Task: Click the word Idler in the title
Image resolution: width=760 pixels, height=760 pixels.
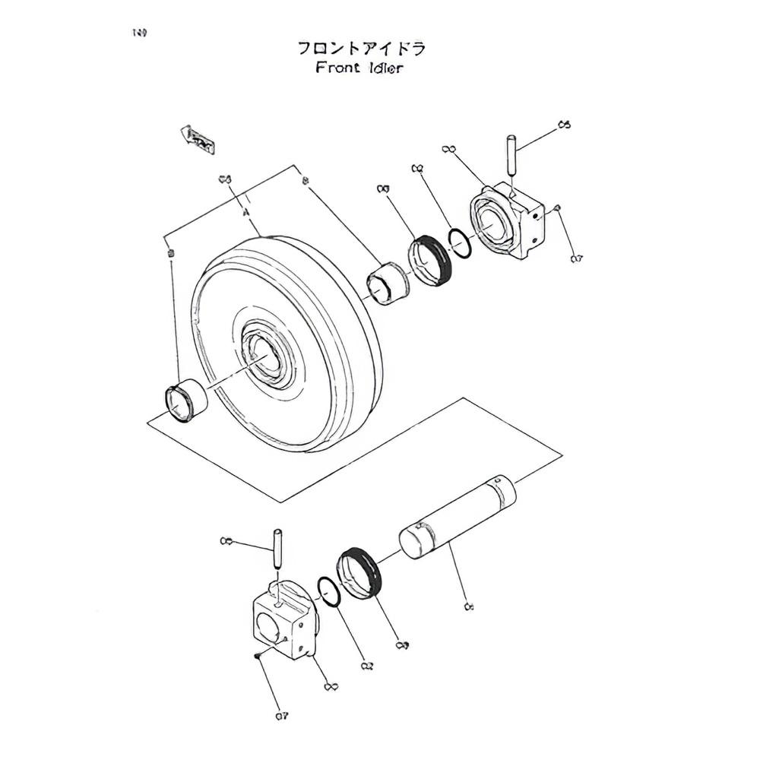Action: click(x=382, y=68)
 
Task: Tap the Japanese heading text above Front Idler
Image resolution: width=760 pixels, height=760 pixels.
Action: click(x=361, y=49)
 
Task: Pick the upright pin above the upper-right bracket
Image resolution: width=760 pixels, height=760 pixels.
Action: click(x=511, y=156)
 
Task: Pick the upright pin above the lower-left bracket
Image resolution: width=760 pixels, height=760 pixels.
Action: click(x=277, y=547)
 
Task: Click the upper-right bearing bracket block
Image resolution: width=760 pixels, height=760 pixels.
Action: click(x=511, y=220)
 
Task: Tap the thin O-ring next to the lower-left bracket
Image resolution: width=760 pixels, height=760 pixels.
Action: click(x=328, y=590)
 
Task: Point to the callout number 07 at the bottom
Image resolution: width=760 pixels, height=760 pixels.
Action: click(x=282, y=715)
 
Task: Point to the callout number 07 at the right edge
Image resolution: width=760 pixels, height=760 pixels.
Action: click(x=576, y=259)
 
